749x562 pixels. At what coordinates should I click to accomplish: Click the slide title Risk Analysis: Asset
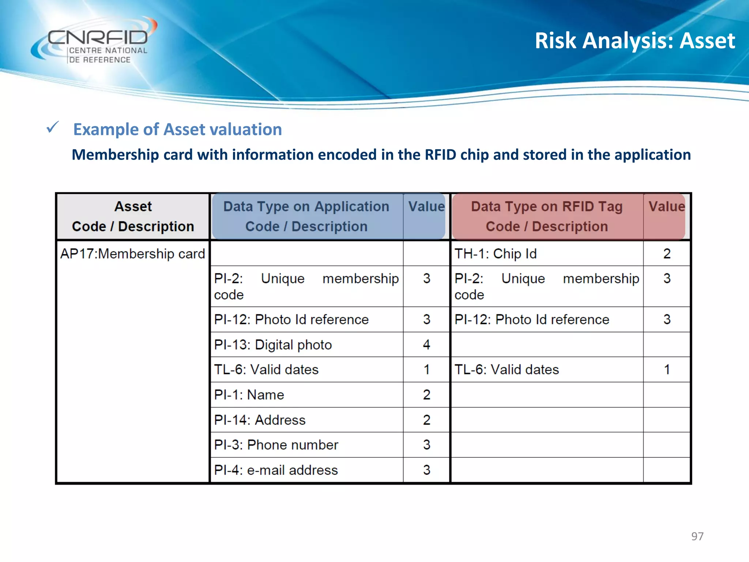[635, 41]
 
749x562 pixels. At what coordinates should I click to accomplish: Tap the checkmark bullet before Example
[53, 128]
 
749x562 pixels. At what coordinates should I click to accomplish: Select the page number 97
[697, 536]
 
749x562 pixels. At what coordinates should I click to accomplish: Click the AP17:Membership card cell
[133, 254]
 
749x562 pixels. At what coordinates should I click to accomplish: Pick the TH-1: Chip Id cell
[496, 254]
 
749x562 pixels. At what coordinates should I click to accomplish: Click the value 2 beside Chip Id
[667, 254]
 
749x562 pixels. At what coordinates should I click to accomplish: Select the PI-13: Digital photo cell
[273, 345]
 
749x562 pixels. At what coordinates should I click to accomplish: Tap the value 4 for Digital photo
[426, 345]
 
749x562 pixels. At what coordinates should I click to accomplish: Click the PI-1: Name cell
[249, 395]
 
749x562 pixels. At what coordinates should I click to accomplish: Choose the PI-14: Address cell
[260, 420]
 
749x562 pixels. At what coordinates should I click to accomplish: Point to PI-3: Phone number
[276, 445]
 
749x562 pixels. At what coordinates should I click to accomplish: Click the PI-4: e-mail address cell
[276, 470]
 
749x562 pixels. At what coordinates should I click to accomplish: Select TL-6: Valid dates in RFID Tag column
[507, 370]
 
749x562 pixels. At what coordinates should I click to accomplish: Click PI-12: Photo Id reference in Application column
[291, 320]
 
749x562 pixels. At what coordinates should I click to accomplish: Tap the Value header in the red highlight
[666, 207]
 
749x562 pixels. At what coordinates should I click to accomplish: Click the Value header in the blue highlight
[426, 207]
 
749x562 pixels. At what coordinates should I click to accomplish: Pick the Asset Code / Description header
[133, 216]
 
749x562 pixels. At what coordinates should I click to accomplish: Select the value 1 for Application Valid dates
[426, 370]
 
